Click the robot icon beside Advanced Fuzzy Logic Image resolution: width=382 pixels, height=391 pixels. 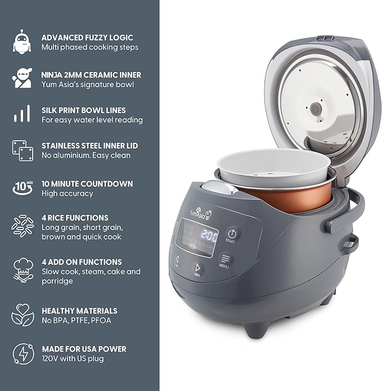click(x=21, y=42)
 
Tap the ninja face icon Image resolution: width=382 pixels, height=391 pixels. click(x=21, y=79)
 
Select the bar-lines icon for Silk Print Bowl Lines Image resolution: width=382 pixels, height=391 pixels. click(x=21, y=114)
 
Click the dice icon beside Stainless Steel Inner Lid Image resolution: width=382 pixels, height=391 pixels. click(x=21, y=150)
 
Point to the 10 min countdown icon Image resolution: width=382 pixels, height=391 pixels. click(x=21, y=188)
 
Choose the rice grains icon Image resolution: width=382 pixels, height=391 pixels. click(x=21, y=226)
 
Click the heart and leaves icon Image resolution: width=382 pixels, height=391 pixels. click(x=21, y=315)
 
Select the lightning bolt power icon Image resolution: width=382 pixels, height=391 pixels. click(x=21, y=353)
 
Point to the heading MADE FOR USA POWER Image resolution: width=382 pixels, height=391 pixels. click(x=83, y=349)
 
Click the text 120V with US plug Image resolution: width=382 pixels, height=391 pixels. click(x=72, y=358)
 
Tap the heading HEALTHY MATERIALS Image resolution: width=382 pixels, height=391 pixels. click(x=79, y=311)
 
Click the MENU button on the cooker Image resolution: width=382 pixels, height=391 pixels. click(x=223, y=260)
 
